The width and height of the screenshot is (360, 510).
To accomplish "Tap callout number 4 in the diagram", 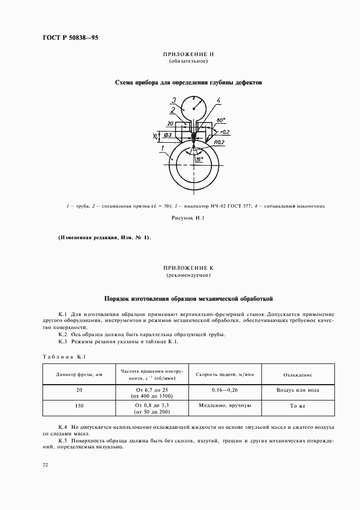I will coord(218,100).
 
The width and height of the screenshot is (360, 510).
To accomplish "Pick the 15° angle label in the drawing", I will coord(200,159).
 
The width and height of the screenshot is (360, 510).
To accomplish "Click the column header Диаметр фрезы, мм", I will coord(80,374).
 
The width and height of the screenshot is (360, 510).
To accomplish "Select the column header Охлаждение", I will coord(297,374).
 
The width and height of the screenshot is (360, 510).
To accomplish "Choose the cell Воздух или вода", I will coord(297,390).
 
